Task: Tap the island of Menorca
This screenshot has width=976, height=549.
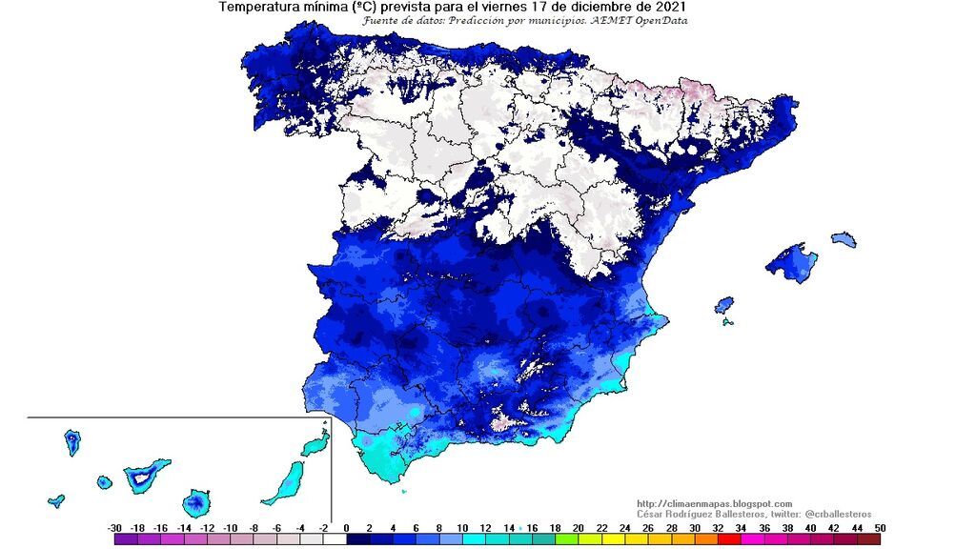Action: pyautogui.click(x=844, y=238)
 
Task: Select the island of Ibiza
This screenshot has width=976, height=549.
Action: pyautogui.click(x=724, y=305)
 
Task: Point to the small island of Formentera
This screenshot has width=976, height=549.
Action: pyautogui.click(x=728, y=322)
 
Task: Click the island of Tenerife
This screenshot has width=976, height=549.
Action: pyautogui.click(x=145, y=475)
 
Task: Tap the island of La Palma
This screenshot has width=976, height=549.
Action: pyautogui.click(x=72, y=442)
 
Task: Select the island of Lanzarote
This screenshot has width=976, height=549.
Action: pyautogui.click(x=315, y=445)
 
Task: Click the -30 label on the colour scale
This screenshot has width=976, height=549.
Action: pyautogui.click(x=115, y=527)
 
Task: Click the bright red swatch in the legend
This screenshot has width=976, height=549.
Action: pyautogui.click(x=727, y=539)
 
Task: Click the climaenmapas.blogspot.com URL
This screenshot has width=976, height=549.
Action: pyautogui.click(x=714, y=503)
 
